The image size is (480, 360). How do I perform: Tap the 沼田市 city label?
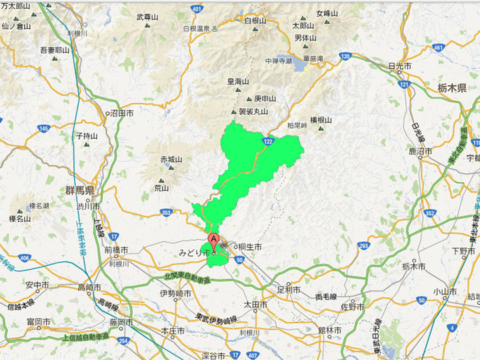click(x=121, y=114)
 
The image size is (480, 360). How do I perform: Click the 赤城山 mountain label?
click(x=171, y=159)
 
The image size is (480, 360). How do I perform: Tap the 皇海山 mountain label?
click(x=237, y=81)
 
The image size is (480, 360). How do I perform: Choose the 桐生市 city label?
click(x=249, y=247)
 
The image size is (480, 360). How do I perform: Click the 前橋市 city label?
click(x=117, y=250)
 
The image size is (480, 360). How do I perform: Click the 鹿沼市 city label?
click(x=421, y=152)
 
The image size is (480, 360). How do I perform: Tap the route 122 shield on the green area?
click(x=268, y=141)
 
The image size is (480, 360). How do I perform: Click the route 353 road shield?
click(x=166, y=213)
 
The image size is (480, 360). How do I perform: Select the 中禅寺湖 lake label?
click(x=278, y=61)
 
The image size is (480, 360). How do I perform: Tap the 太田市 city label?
click(x=255, y=305)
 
